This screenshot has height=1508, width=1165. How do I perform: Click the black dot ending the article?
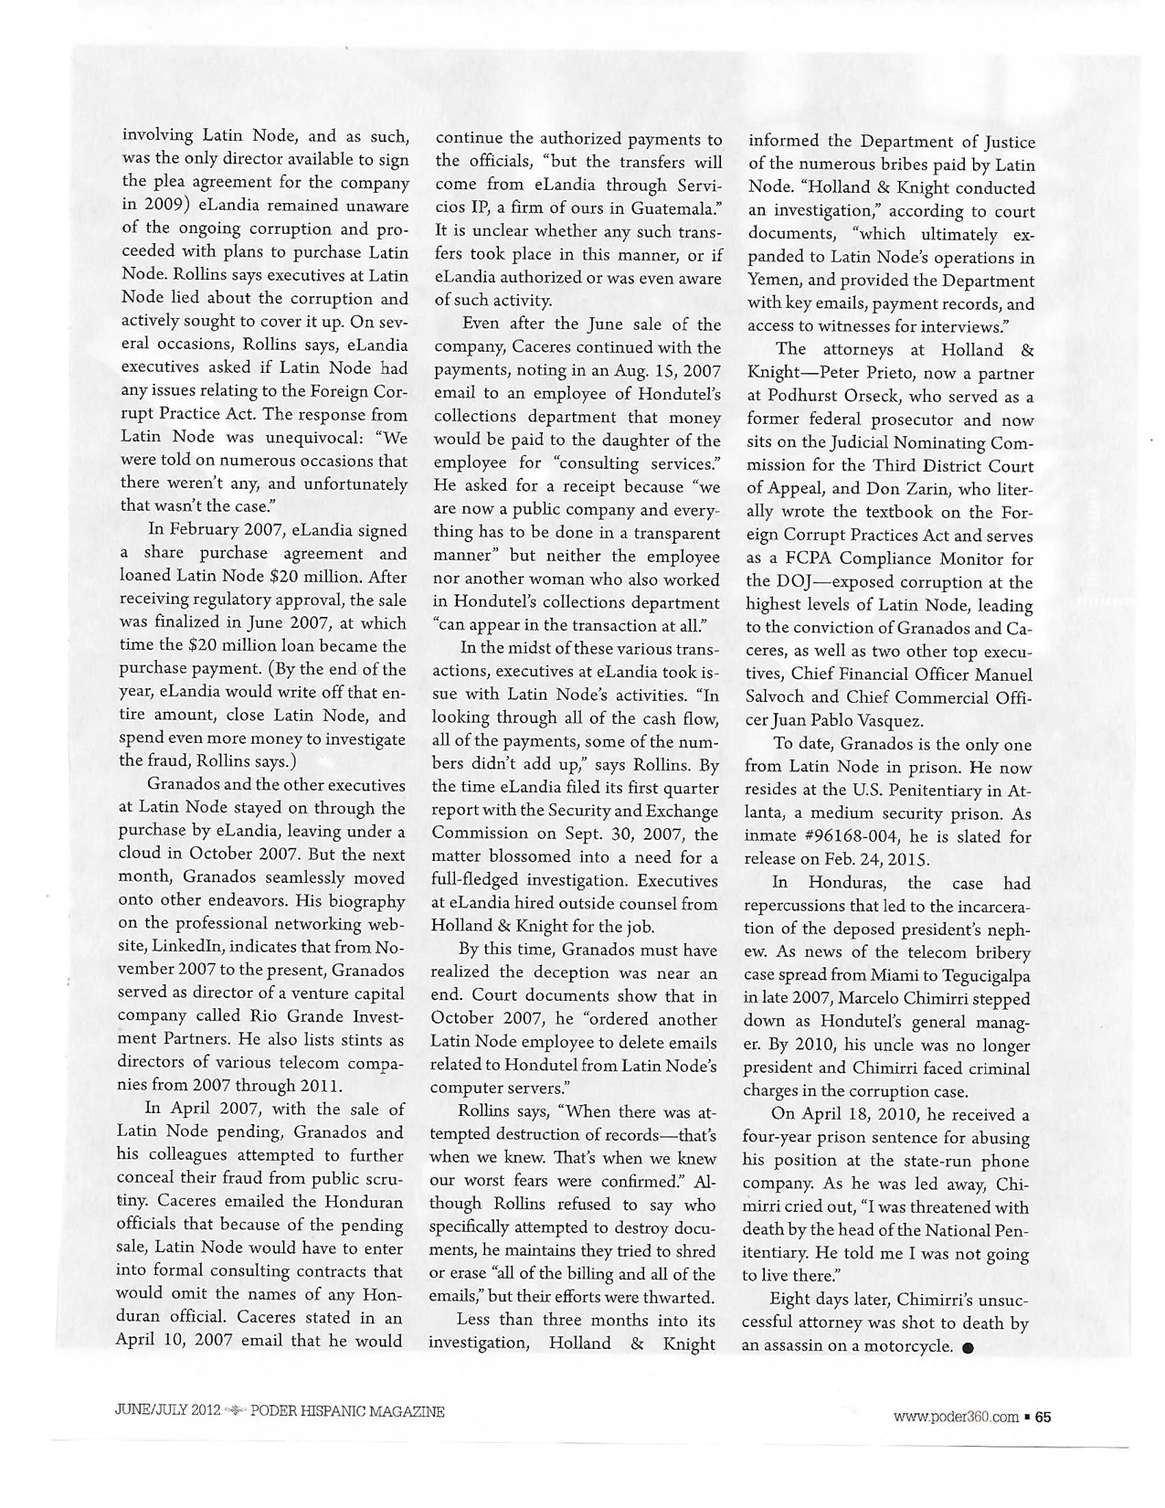[968, 1348]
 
